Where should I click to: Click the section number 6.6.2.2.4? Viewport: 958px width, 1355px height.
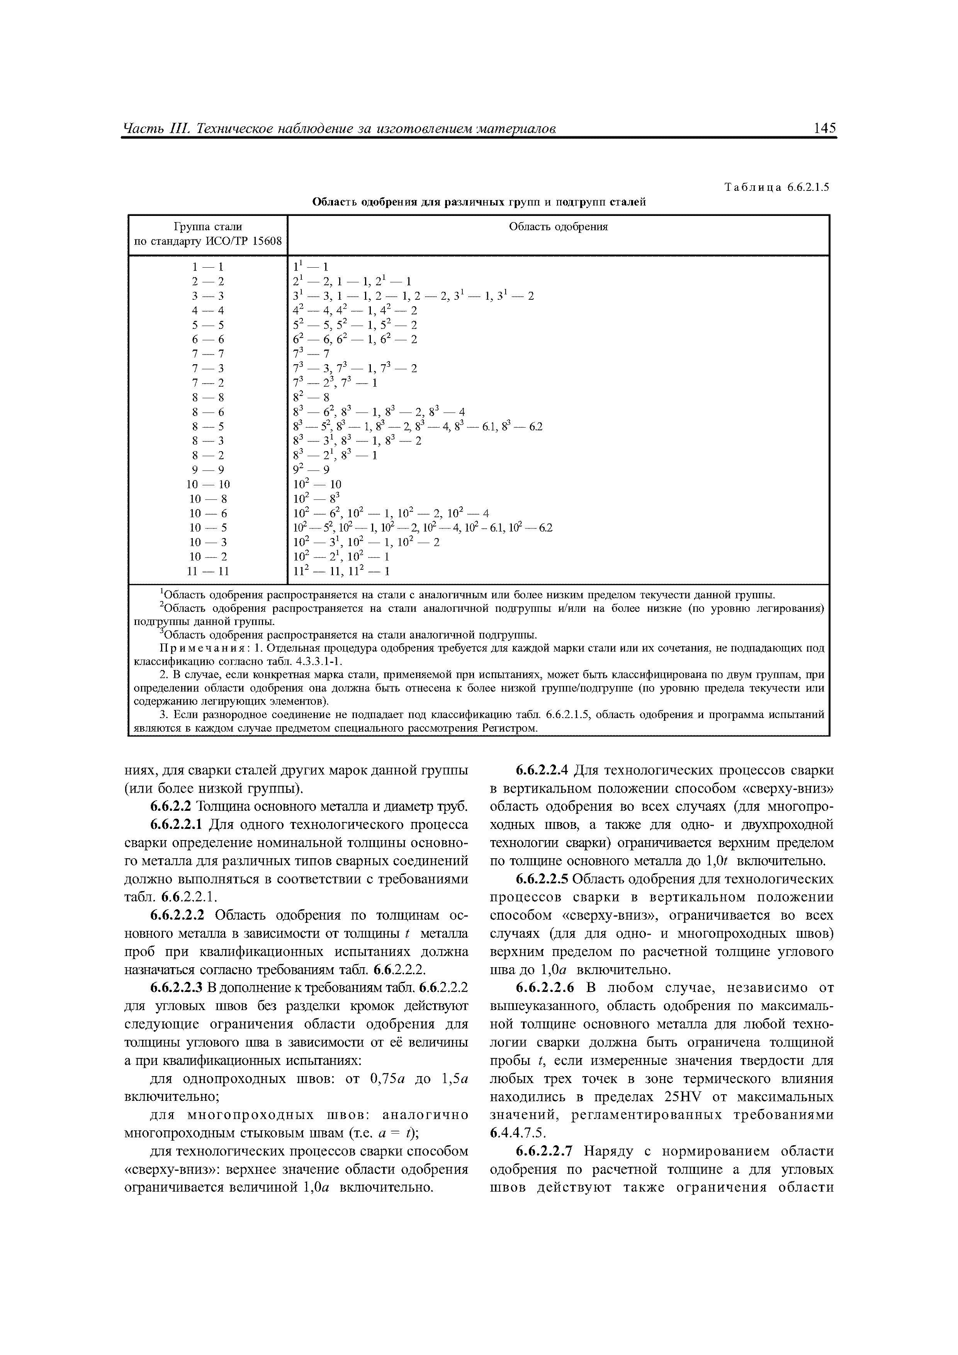[541, 770]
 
